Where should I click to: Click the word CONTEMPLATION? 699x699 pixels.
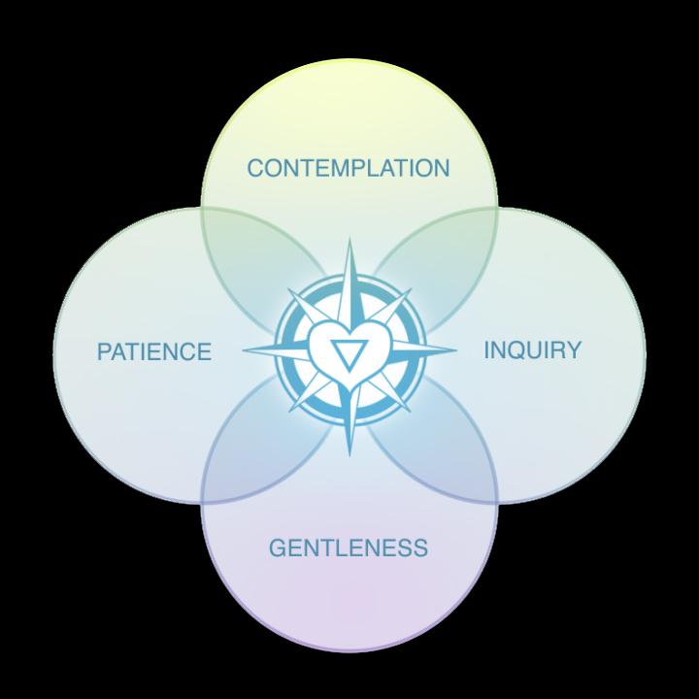pyautogui.click(x=349, y=168)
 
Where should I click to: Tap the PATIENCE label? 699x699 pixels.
pyautogui.click(x=153, y=350)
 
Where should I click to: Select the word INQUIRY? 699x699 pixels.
pyautogui.click(x=532, y=349)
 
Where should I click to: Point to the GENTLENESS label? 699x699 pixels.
pyautogui.click(x=348, y=548)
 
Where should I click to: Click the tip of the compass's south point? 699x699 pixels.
pyautogui.click(x=349, y=457)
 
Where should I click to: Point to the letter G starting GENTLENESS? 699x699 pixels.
pyautogui.click(x=278, y=548)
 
